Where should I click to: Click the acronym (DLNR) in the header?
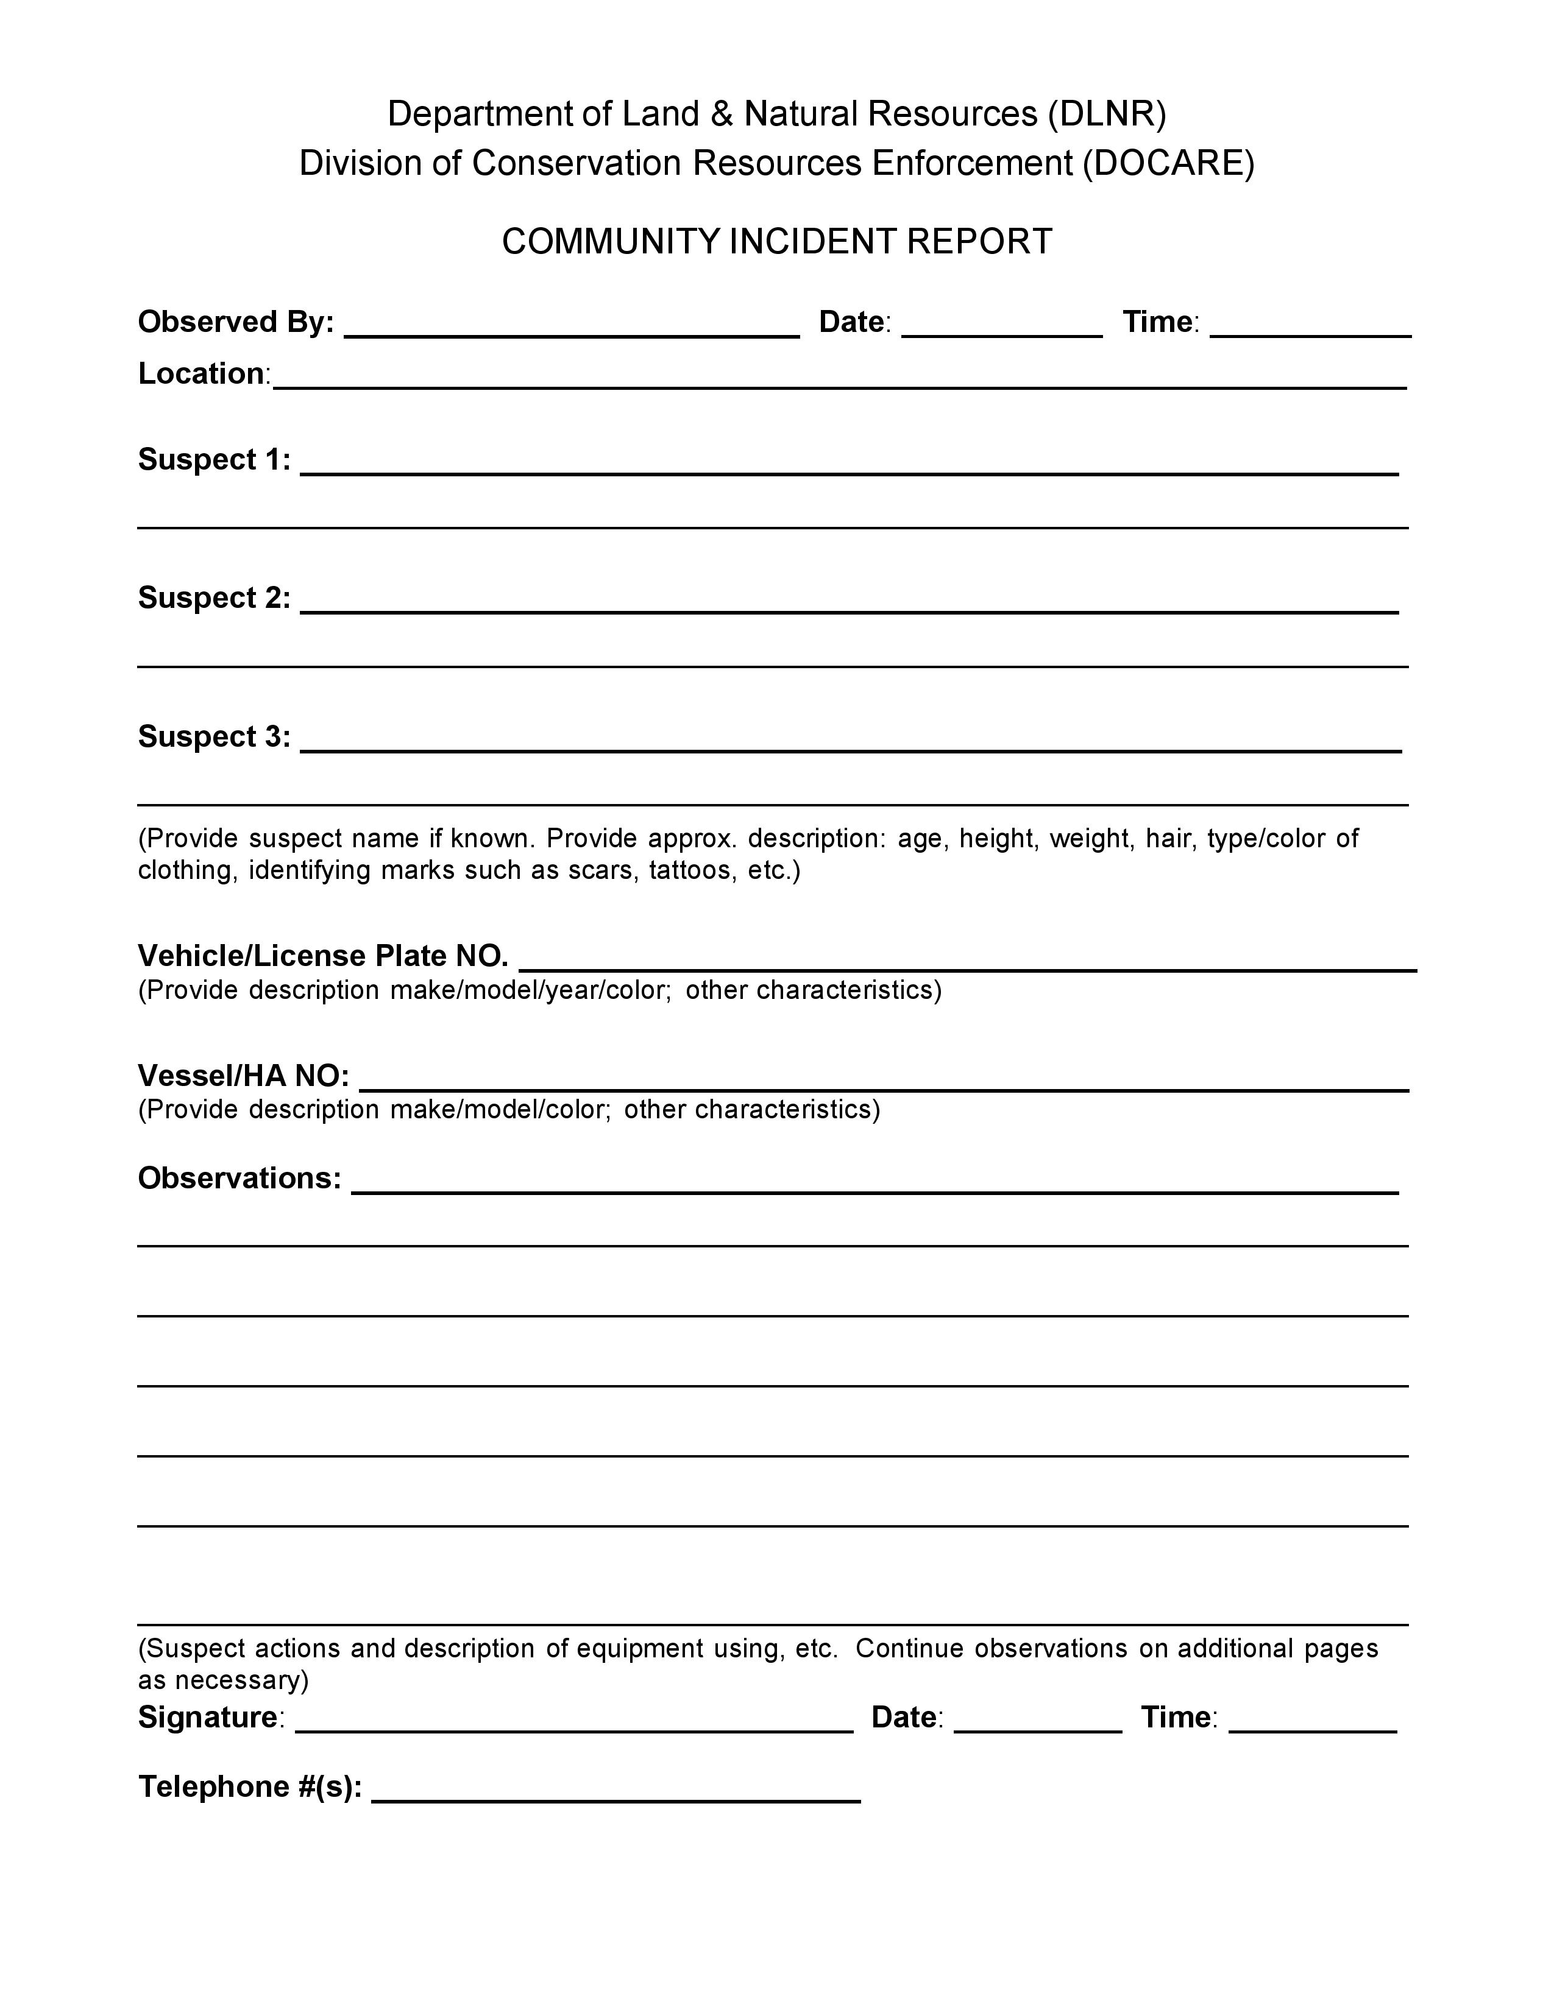tap(1107, 114)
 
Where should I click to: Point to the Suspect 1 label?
tap(213, 460)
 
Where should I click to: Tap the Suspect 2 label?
tap(213, 598)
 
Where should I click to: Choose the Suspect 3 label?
tap(213, 737)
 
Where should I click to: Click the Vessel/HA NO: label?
tap(243, 1076)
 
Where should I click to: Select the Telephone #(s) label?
tap(249, 1787)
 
